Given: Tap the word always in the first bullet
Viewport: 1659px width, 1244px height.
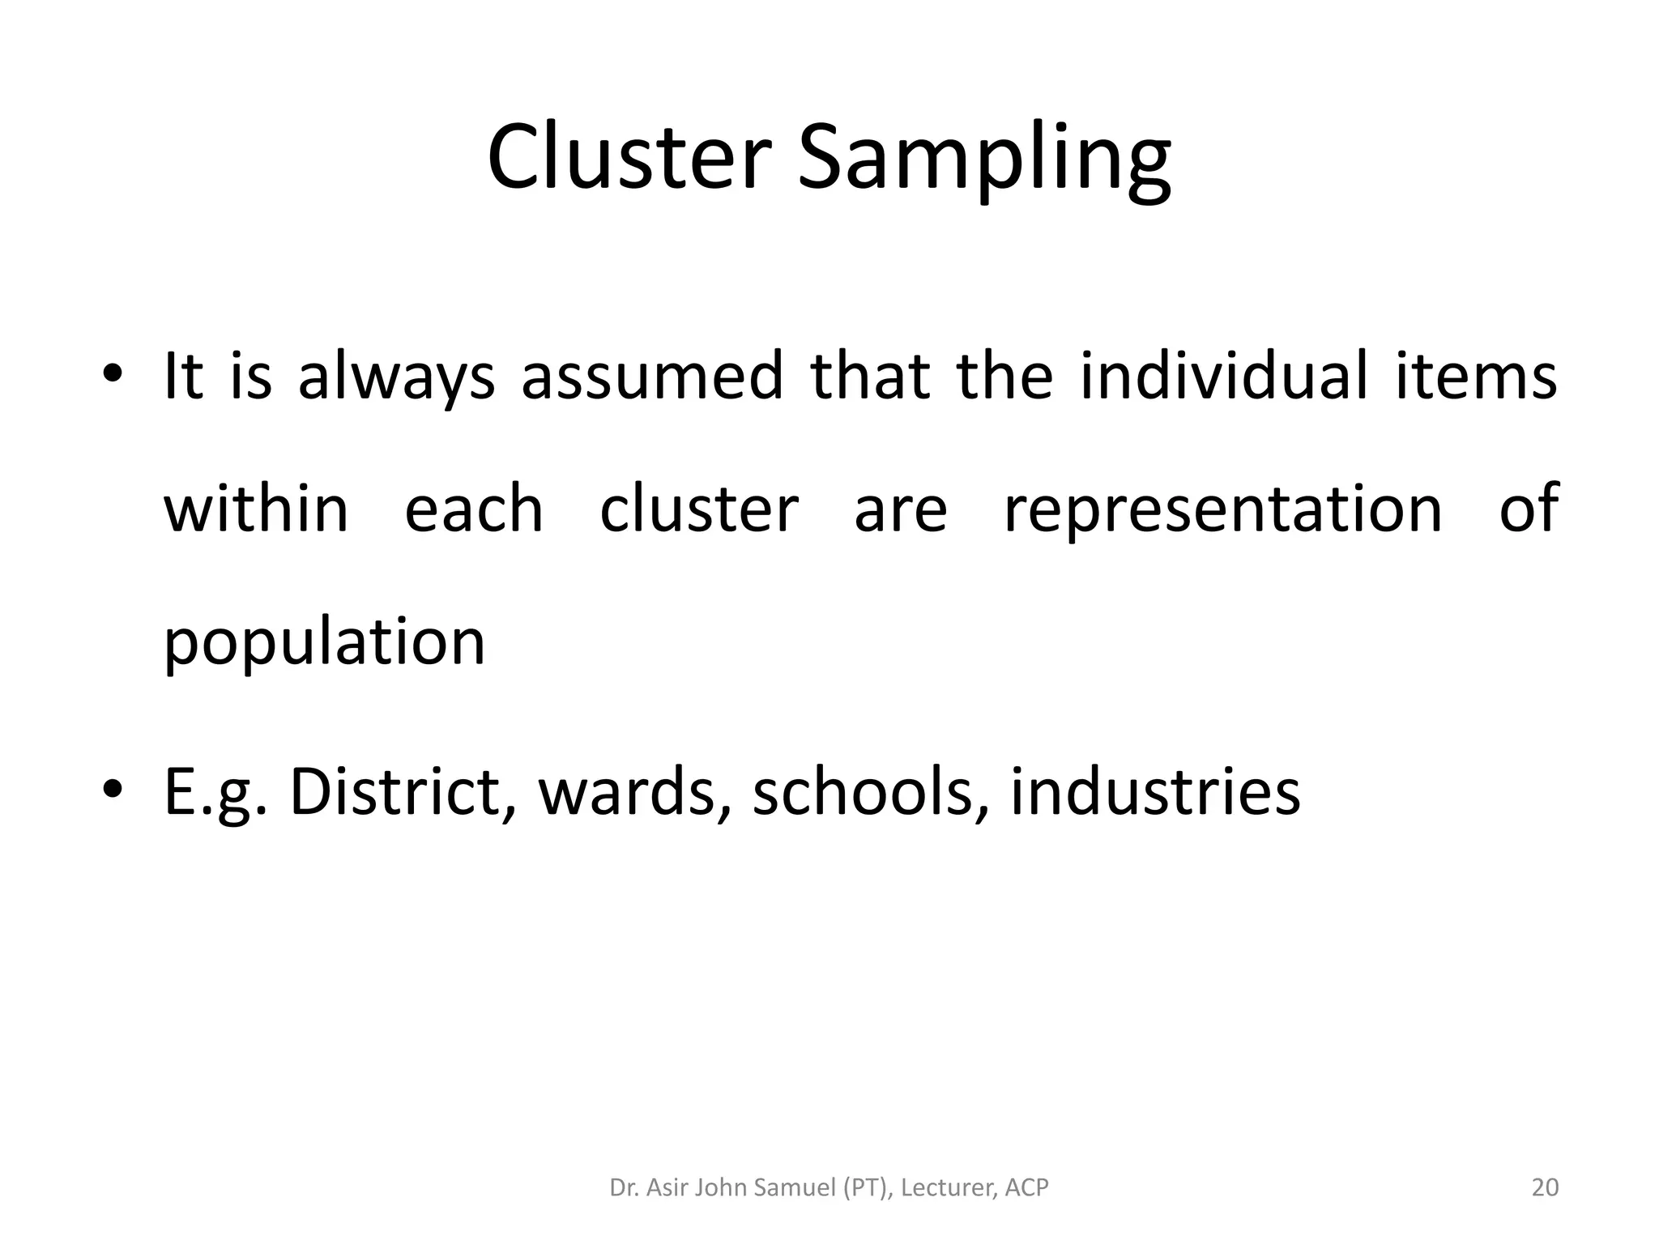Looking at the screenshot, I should (396, 377).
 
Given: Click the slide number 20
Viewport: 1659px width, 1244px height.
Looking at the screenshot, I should (1545, 1188).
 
